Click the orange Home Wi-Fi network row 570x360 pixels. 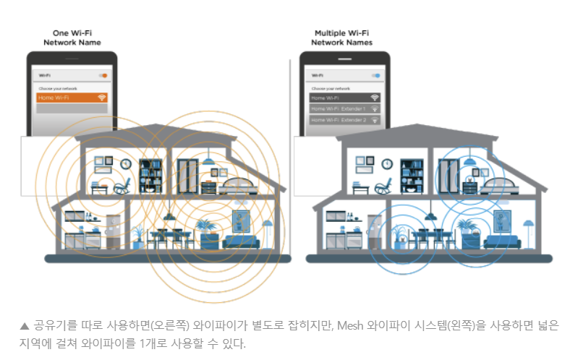(x=71, y=97)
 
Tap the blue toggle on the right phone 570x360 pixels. (x=376, y=75)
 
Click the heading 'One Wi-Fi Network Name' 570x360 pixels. (x=71, y=38)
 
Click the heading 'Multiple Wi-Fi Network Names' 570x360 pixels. (x=342, y=38)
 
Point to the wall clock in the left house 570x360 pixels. (x=125, y=163)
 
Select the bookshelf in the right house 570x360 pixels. (x=412, y=175)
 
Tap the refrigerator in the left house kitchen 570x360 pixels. (x=112, y=231)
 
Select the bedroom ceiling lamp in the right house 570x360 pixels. (x=468, y=159)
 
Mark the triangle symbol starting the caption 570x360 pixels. (x=25, y=326)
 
